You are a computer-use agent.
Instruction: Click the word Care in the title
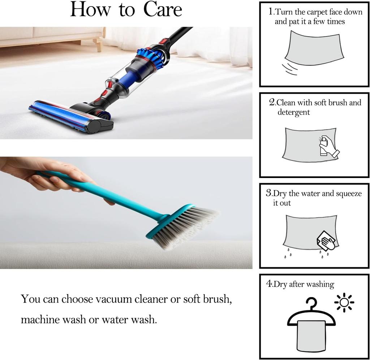pos(163,9)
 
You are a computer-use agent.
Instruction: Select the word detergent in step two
pos(293,112)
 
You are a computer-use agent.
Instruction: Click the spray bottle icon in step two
pos(324,146)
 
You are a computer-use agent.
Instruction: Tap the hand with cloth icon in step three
pos(326,240)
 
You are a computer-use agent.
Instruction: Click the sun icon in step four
pos(344,302)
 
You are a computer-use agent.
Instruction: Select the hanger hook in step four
pos(311,303)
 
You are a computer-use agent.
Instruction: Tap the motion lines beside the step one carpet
pos(290,69)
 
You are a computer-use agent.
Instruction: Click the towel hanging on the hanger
pos(311,336)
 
